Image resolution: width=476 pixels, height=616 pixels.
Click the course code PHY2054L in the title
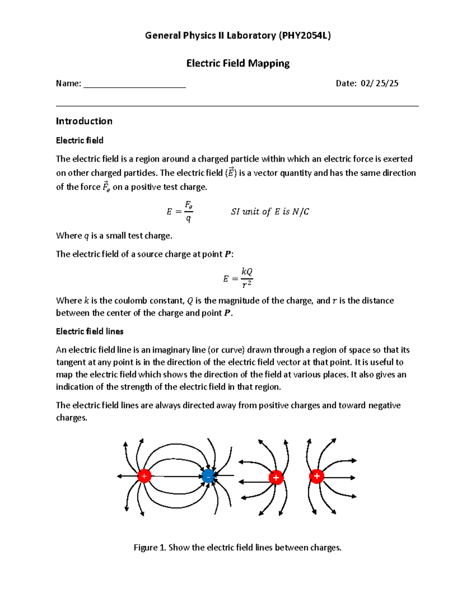304,36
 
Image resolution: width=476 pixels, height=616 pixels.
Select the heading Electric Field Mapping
238,63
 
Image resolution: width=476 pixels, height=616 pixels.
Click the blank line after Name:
134,84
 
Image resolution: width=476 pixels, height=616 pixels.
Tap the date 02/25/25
379,83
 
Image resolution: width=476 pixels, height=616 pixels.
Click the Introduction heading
84,121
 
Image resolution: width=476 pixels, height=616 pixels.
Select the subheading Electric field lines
90,331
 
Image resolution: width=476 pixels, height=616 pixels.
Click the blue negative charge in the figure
208,476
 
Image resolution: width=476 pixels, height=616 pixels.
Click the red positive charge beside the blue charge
144,476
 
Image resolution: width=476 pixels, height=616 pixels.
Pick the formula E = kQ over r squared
238,278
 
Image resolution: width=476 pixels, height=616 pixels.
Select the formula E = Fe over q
180,211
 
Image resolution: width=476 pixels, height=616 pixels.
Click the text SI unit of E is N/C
270,212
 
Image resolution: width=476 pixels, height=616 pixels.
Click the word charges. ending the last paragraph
71,418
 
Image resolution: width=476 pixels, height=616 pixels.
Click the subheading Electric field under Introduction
79,140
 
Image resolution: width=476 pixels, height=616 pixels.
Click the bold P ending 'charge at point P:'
228,254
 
